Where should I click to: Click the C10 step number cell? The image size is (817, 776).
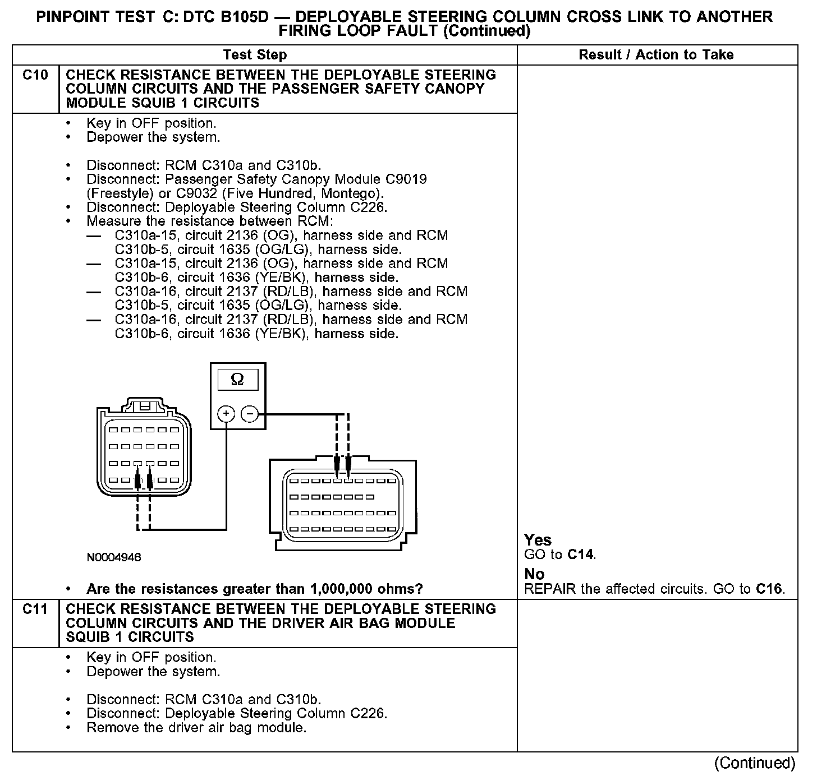35,75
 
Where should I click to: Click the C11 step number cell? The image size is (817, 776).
35,609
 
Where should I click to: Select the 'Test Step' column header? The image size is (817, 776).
255,55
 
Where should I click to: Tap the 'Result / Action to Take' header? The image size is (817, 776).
656,55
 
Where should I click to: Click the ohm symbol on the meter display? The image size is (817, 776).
237,380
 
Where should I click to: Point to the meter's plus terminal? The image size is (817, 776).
226,414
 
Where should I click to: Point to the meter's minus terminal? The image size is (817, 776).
249,414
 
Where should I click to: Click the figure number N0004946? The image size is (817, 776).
114,557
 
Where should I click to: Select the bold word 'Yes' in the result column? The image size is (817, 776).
538,540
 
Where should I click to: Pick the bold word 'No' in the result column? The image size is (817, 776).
534,574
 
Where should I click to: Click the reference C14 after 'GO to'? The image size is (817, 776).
580,555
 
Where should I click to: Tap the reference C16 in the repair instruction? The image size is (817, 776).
769,589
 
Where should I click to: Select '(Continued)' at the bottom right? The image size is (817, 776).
755,763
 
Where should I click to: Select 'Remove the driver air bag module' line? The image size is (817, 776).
196,728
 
